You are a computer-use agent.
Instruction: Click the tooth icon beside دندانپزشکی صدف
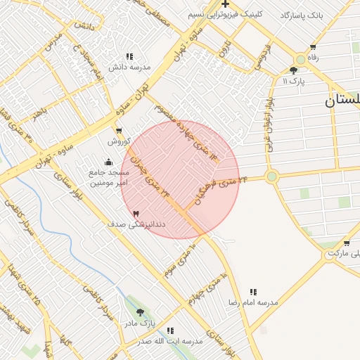click(136, 213)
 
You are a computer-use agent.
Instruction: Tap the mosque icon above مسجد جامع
click(108, 162)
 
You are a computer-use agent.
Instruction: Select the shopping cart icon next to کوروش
click(118, 130)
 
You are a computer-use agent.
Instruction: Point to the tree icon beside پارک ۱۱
click(293, 70)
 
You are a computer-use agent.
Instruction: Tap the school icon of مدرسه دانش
click(129, 56)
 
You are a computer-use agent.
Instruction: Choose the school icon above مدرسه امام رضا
click(253, 291)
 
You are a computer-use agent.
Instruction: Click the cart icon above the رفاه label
click(312, 47)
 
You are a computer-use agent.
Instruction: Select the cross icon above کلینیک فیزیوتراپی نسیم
click(225, 4)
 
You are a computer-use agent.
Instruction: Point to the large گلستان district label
click(342, 101)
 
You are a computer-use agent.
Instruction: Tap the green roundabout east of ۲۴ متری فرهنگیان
click(272, 176)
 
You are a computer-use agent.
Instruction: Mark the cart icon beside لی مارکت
click(347, 243)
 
